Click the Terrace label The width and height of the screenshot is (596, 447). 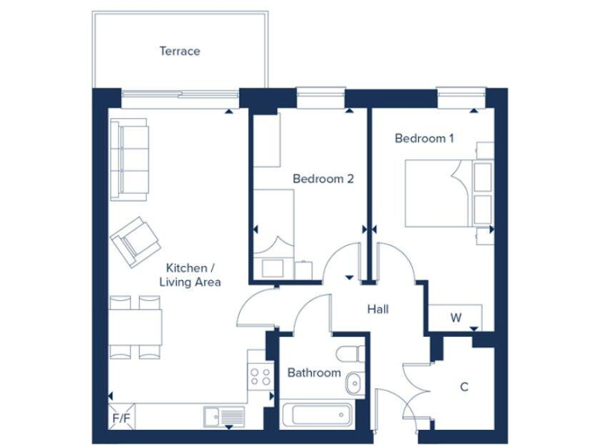(x=179, y=51)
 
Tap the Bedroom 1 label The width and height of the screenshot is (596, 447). (x=424, y=138)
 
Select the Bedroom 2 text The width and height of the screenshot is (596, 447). (x=323, y=178)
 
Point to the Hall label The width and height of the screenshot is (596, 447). (x=378, y=309)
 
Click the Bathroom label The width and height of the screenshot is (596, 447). (x=314, y=372)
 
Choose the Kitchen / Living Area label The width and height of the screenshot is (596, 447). (x=190, y=275)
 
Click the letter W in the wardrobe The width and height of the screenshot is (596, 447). (x=456, y=317)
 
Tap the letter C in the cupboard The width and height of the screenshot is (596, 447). (x=464, y=386)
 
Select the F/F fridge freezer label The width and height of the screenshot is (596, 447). (x=121, y=418)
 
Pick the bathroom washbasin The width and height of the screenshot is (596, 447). (x=353, y=383)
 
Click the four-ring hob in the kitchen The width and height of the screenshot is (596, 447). (x=259, y=377)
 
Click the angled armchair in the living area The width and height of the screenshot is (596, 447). (x=136, y=239)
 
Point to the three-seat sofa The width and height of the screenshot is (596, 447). (x=129, y=158)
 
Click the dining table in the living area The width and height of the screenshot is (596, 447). (x=136, y=326)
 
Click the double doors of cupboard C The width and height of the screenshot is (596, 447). (x=417, y=387)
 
